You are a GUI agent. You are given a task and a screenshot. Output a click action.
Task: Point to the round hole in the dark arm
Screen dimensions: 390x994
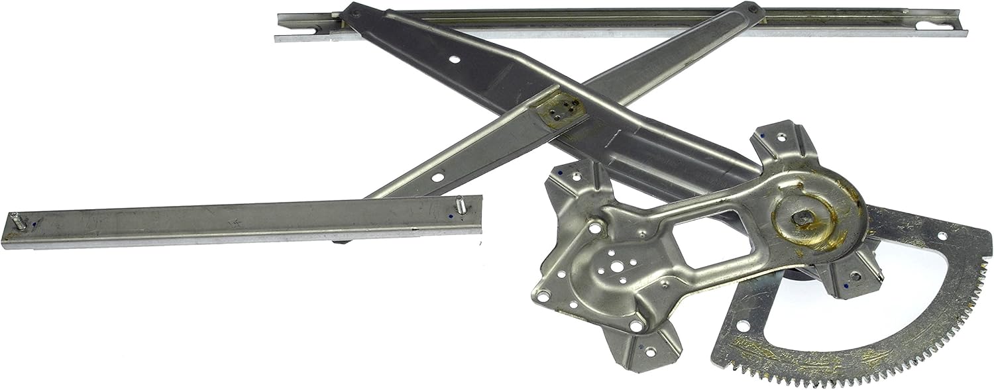(x=454, y=60)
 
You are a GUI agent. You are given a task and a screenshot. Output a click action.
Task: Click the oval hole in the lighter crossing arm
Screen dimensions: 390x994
(x=437, y=177)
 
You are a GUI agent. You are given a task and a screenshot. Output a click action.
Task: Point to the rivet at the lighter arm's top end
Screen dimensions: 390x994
(x=752, y=10)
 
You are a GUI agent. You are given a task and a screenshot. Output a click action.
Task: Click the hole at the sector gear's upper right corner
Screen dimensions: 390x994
(x=942, y=236)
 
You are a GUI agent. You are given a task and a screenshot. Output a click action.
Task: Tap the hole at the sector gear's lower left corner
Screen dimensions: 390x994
(x=740, y=326)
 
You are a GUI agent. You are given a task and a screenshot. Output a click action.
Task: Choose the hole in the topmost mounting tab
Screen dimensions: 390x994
(x=783, y=137)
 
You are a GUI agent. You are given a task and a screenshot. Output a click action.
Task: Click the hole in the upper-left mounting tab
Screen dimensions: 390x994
(x=576, y=177)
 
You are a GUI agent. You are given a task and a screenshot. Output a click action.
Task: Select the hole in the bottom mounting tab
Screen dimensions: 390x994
(x=649, y=352)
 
